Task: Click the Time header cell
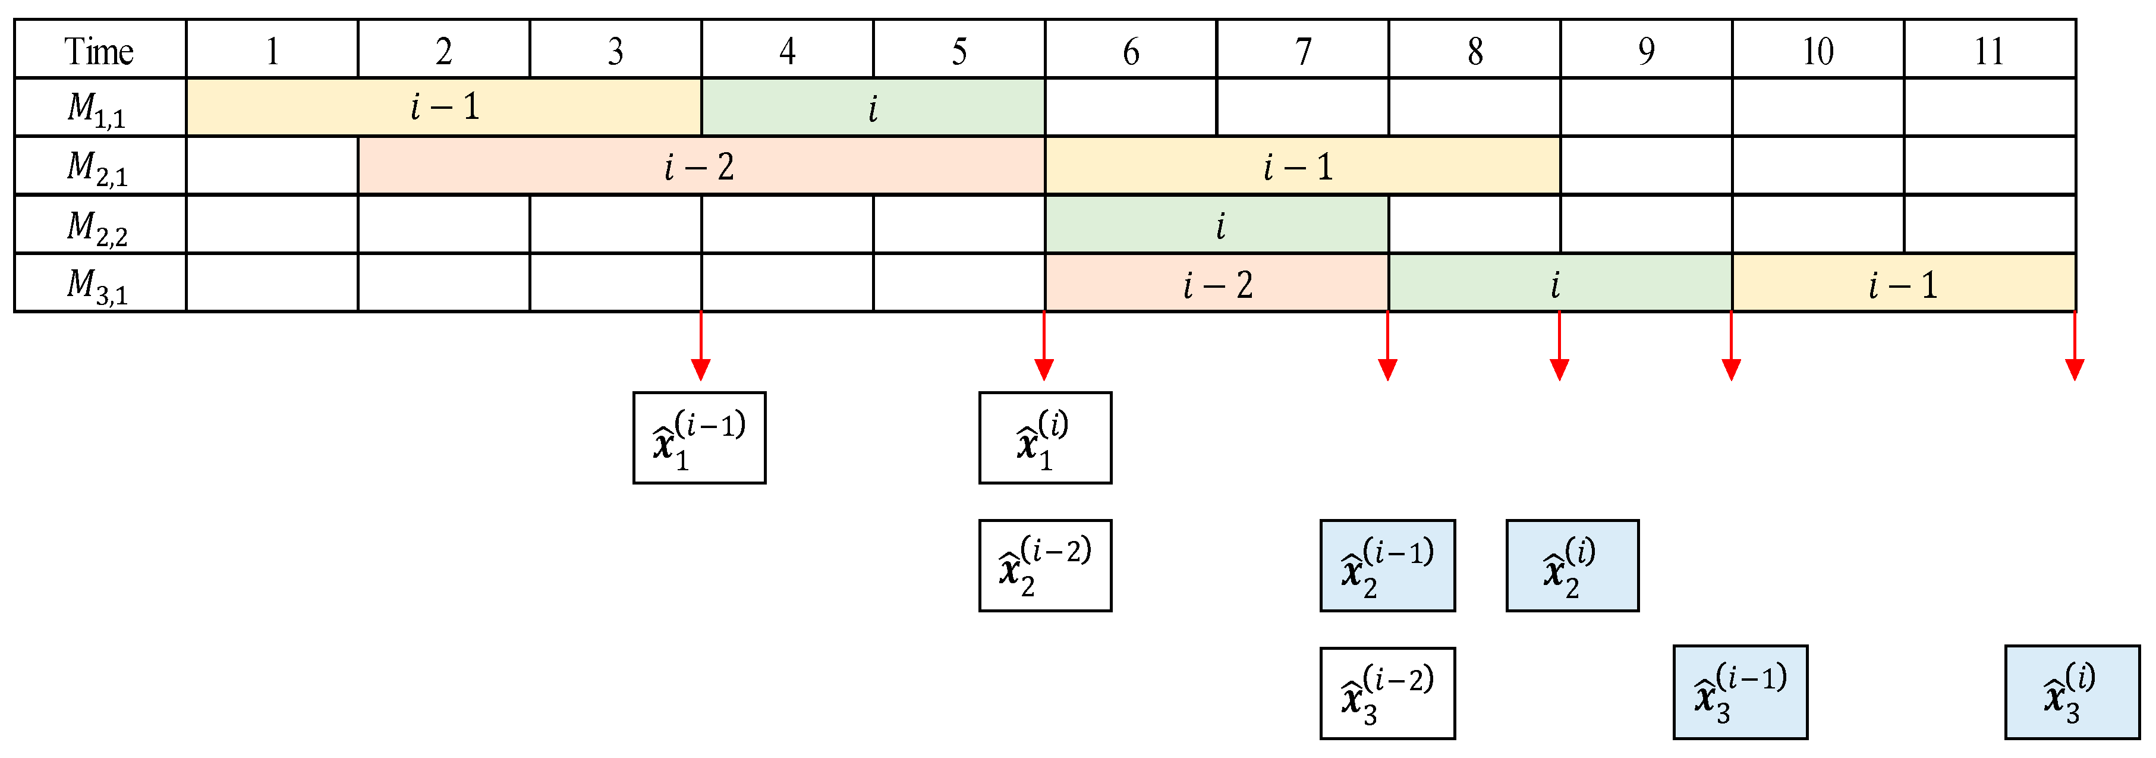[x=100, y=49]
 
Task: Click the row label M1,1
[x=100, y=108]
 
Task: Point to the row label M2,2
[x=100, y=226]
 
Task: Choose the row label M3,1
[x=100, y=284]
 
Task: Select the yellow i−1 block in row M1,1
[x=443, y=108]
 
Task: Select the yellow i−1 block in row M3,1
[x=1903, y=284]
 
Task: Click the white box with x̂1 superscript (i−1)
[x=699, y=438]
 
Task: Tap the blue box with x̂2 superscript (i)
[x=1572, y=565]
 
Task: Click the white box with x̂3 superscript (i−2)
[x=1387, y=693]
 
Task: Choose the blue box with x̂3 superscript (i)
[x=2072, y=692]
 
